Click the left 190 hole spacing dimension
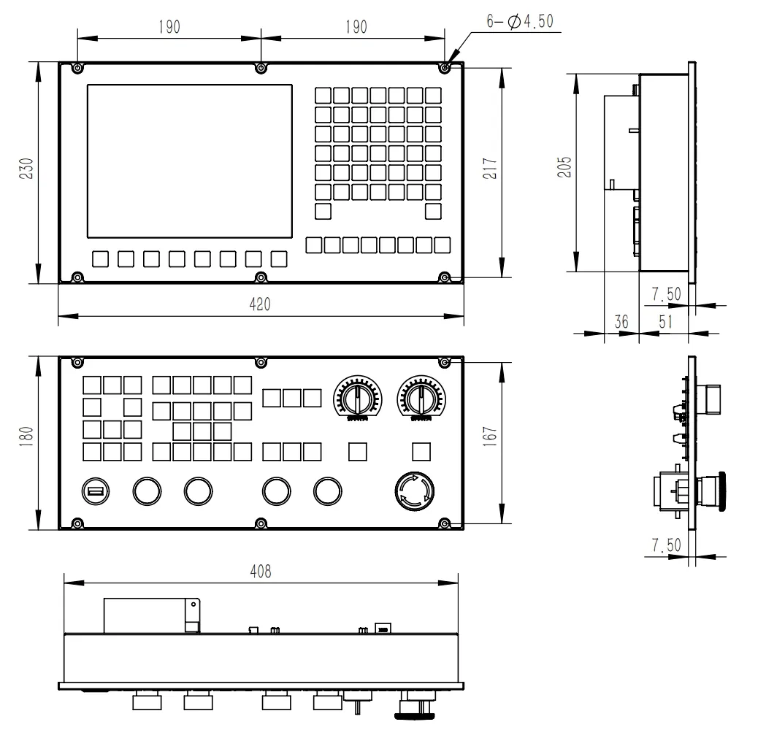(168, 27)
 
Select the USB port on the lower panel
(93, 493)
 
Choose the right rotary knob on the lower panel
(419, 398)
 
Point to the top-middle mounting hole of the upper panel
(261, 68)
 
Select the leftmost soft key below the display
(100, 258)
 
